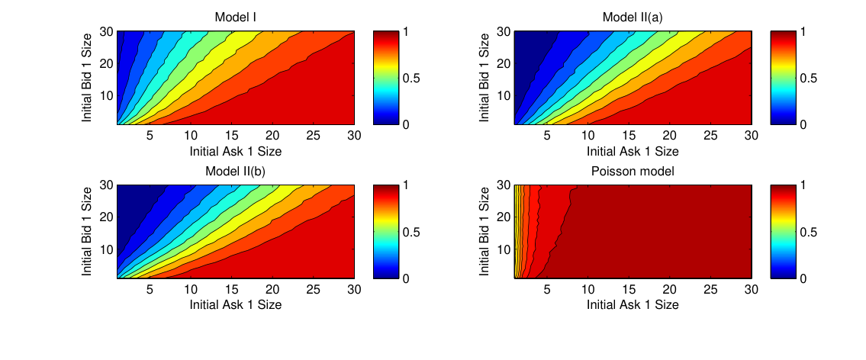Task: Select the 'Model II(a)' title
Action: point(633,18)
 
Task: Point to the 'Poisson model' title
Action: point(633,172)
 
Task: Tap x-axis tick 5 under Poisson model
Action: point(547,289)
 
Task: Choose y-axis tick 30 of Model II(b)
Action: point(105,185)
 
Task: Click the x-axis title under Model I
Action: point(236,150)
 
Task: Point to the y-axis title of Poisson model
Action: point(484,232)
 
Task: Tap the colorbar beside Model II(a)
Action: point(781,78)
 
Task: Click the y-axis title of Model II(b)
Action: point(87,232)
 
